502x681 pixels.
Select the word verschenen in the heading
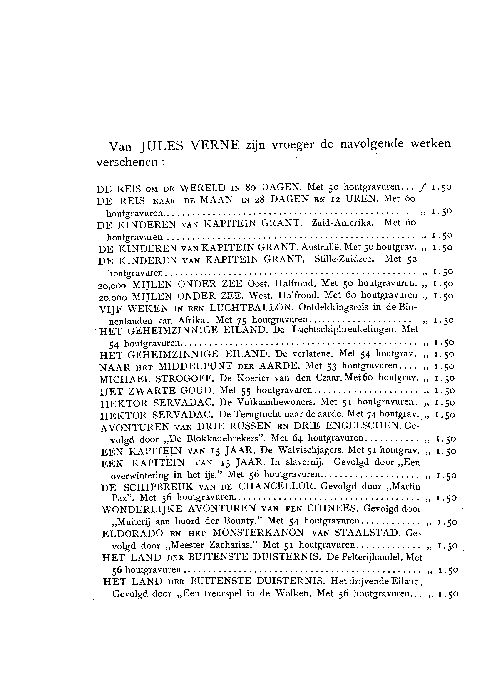click(127, 162)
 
